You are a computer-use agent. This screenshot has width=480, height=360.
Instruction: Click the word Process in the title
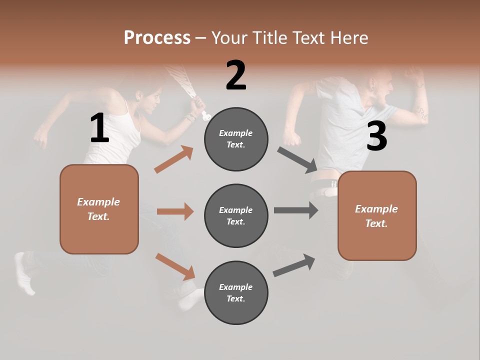pos(157,37)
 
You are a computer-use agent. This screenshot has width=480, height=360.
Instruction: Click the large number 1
pos(99,128)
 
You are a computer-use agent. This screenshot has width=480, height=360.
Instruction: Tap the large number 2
pos(236,75)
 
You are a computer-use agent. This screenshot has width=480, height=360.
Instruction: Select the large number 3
pos(376,136)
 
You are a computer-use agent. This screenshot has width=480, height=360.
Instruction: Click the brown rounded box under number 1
pos(99,209)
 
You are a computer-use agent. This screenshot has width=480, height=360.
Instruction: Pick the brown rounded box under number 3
pos(377,215)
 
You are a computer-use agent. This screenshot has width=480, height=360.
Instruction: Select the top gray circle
pos(236,139)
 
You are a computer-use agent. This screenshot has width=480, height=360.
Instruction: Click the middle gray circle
pos(236,215)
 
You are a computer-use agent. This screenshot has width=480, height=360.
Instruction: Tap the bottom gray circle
pos(236,292)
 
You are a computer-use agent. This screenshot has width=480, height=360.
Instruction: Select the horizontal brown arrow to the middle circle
pos(175,211)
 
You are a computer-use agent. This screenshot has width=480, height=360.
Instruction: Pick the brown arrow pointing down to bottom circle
pos(175,266)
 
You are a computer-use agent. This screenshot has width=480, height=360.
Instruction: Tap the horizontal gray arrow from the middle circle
pos(296,210)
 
